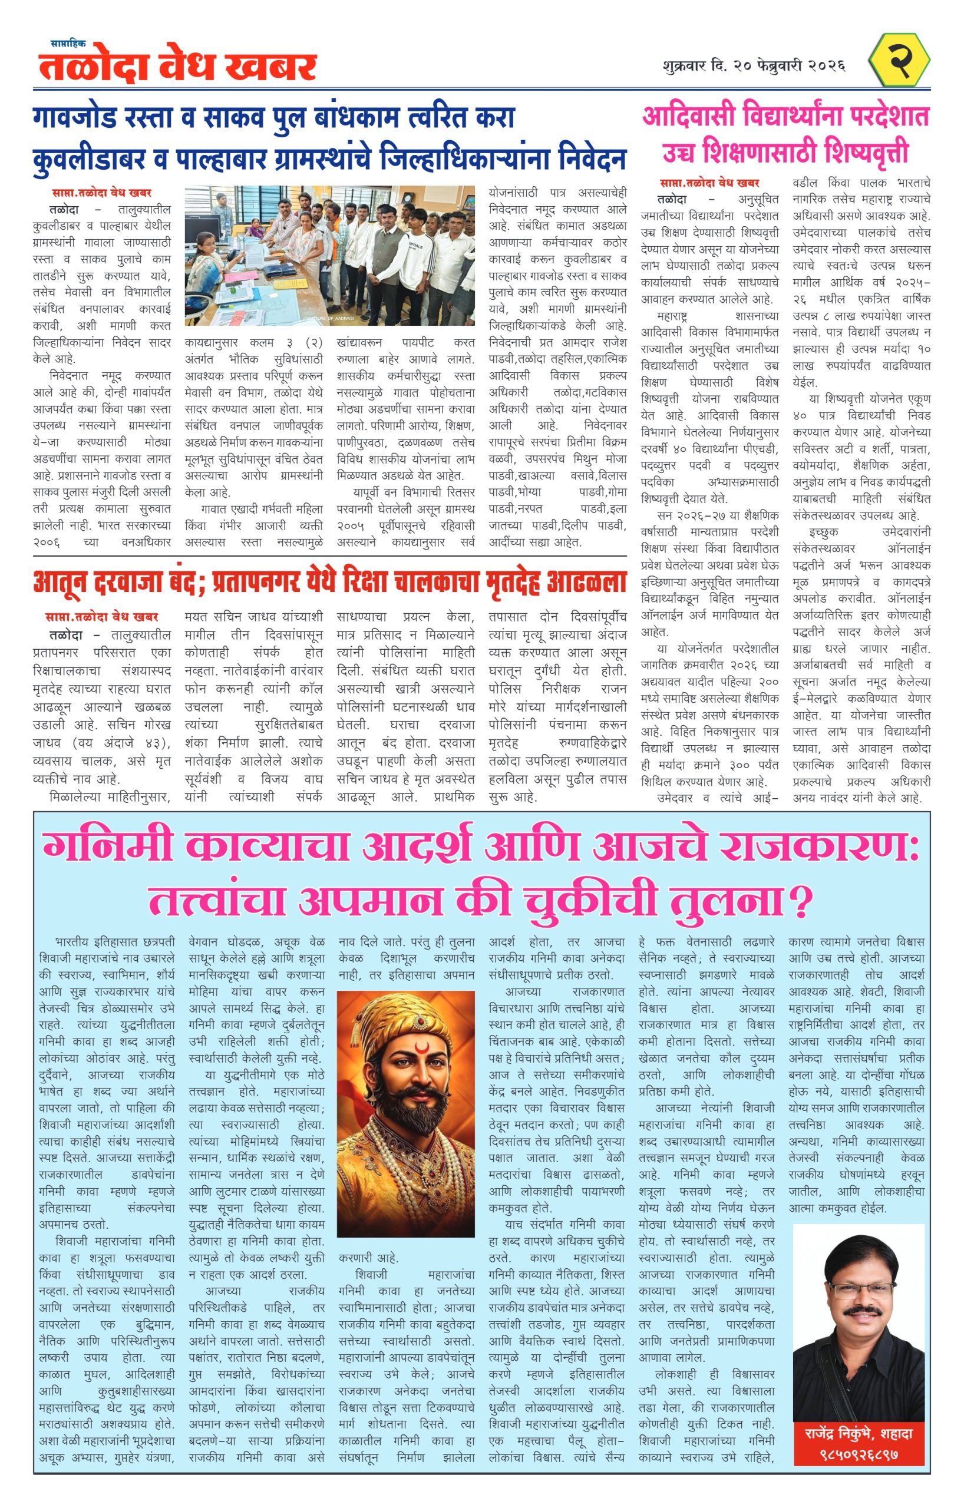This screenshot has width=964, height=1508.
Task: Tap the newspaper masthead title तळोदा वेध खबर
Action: (177, 68)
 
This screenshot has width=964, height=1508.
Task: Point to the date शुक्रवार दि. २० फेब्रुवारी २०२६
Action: (754, 65)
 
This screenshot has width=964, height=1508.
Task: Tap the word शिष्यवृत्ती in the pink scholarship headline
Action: (866, 152)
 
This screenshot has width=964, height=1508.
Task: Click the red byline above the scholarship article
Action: (709, 182)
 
